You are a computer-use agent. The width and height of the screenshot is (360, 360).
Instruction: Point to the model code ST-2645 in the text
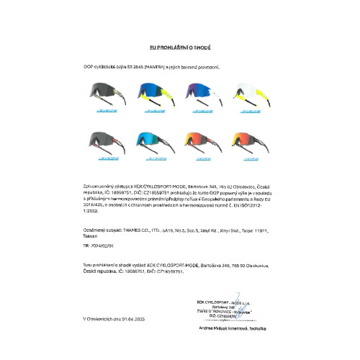(x=138, y=66)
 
